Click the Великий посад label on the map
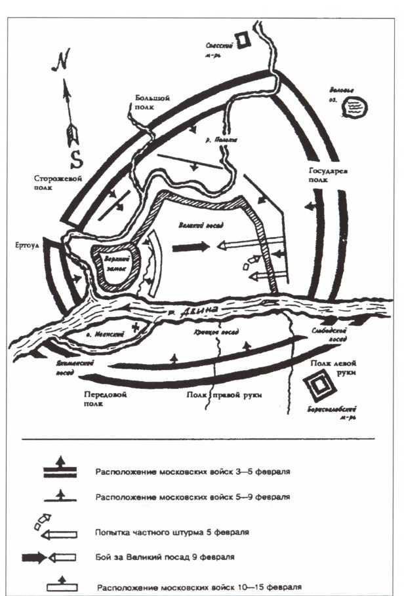pyautogui.click(x=200, y=225)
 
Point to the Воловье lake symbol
pyautogui.click(x=353, y=104)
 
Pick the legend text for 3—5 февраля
pyautogui.click(x=193, y=471)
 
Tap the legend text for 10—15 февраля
pyautogui.click(x=199, y=587)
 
